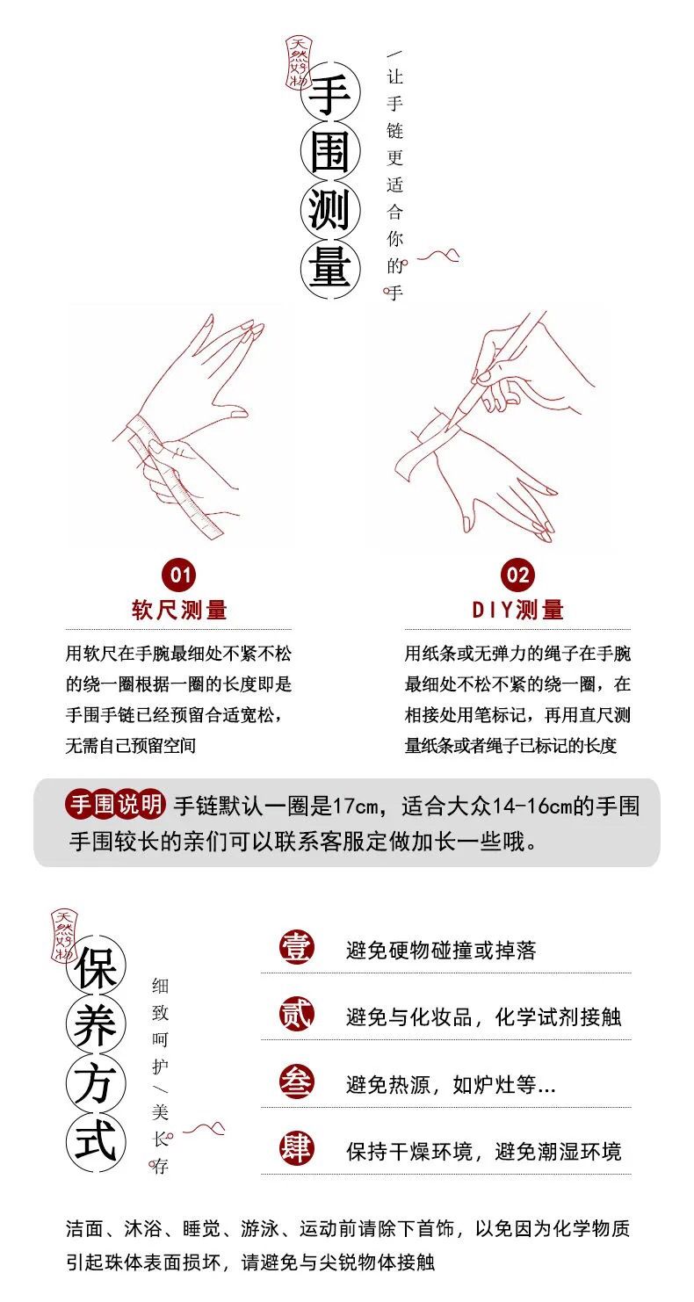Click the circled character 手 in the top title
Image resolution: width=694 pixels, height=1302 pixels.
(x=330, y=95)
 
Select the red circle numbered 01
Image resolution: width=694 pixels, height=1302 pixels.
(x=179, y=575)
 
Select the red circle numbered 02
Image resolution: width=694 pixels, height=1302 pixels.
(x=517, y=575)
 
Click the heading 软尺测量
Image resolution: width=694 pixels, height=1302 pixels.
(x=179, y=611)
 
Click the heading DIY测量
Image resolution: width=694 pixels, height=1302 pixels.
(x=517, y=611)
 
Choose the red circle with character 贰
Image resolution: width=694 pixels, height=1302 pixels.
(x=296, y=1015)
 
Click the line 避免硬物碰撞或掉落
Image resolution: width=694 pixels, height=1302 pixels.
(x=441, y=951)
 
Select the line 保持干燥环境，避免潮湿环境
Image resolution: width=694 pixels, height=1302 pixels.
(x=483, y=1152)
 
